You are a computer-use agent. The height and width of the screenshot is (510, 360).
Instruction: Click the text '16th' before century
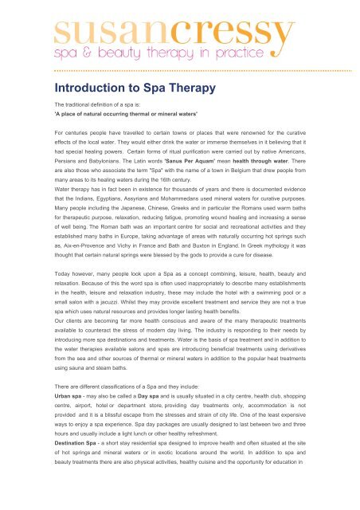click(200, 184)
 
